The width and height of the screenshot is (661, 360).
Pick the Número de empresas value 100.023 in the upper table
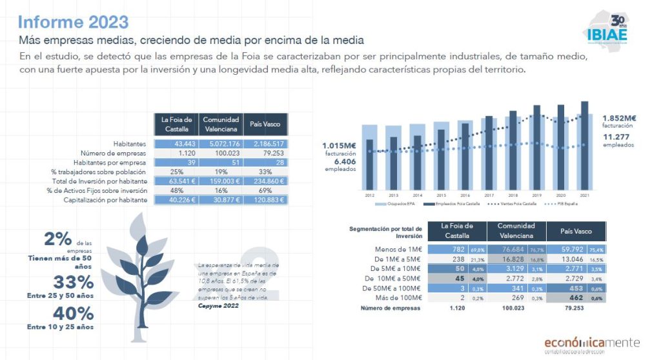click(x=221, y=153)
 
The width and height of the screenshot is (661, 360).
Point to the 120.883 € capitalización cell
click(x=265, y=200)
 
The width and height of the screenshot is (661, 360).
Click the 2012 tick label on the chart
click(x=369, y=194)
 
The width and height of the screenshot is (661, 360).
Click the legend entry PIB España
click(x=564, y=203)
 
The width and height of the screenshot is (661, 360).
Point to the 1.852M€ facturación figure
click(x=619, y=118)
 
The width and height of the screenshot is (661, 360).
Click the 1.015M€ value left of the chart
click(x=339, y=146)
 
